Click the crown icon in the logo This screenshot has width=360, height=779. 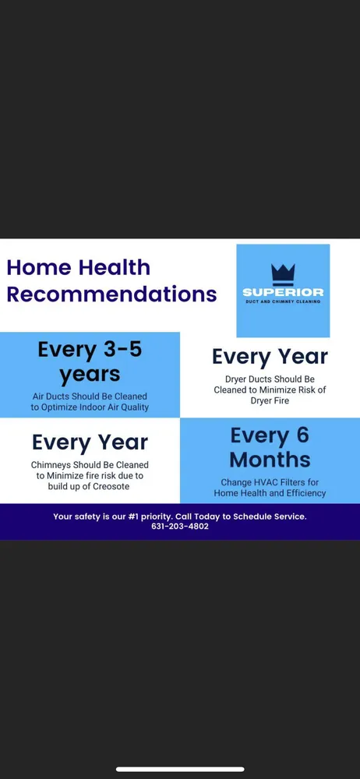(x=283, y=275)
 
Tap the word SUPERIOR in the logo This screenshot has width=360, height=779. (x=283, y=292)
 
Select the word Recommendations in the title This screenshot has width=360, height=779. (x=112, y=294)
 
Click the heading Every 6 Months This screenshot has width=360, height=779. (x=270, y=447)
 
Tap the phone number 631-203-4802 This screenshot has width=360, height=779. (x=180, y=527)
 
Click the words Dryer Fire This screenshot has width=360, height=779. (x=270, y=400)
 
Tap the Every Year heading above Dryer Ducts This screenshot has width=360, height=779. (x=270, y=357)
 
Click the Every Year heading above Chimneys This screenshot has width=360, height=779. (x=90, y=442)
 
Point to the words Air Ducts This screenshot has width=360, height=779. (x=51, y=397)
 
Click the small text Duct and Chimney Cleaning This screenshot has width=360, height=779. (x=283, y=301)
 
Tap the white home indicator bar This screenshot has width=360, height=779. (x=180, y=770)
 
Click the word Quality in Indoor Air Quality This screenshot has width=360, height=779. (x=133, y=408)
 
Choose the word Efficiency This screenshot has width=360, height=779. (x=305, y=493)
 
